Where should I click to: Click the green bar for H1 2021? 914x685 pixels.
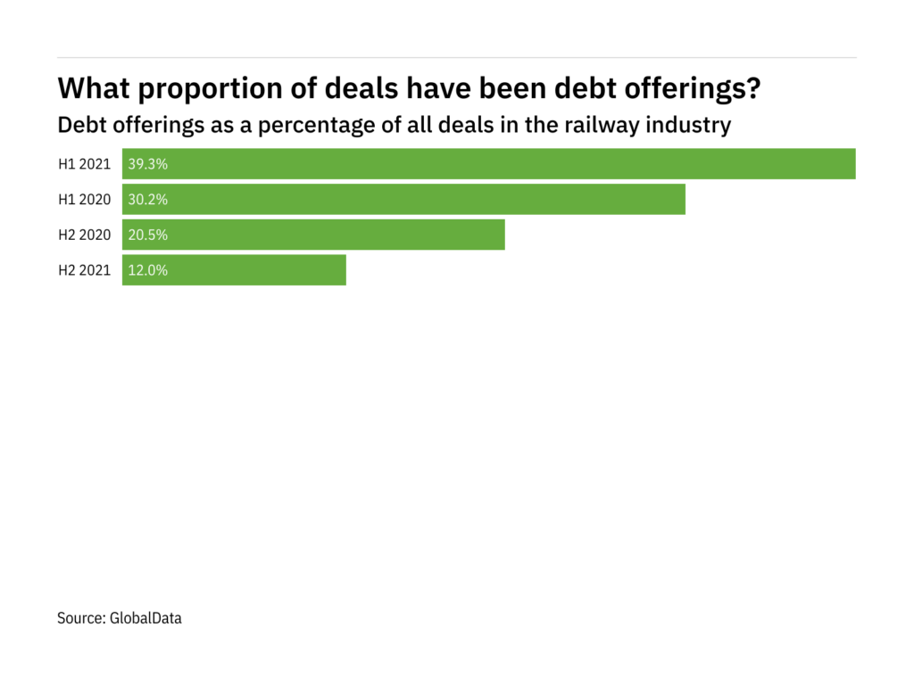pos(489,164)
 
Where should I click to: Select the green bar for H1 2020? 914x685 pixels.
pos(403,200)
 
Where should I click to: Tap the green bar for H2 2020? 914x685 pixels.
pos(313,235)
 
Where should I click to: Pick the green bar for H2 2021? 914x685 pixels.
pos(234,271)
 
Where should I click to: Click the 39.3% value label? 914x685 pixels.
pos(148,164)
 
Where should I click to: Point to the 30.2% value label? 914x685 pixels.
pos(148,200)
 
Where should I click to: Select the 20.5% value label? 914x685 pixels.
pos(148,235)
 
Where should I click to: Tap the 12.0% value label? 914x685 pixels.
pos(148,271)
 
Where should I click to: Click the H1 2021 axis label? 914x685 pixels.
pos(85,164)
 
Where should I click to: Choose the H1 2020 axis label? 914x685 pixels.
pos(85,200)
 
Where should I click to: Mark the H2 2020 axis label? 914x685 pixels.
pos(85,235)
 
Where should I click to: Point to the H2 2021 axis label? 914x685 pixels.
pos(85,271)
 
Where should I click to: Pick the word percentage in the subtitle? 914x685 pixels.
pos(303,125)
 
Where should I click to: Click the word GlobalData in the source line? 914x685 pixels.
pos(145,617)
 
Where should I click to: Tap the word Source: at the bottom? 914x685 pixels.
pos(81,617)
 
